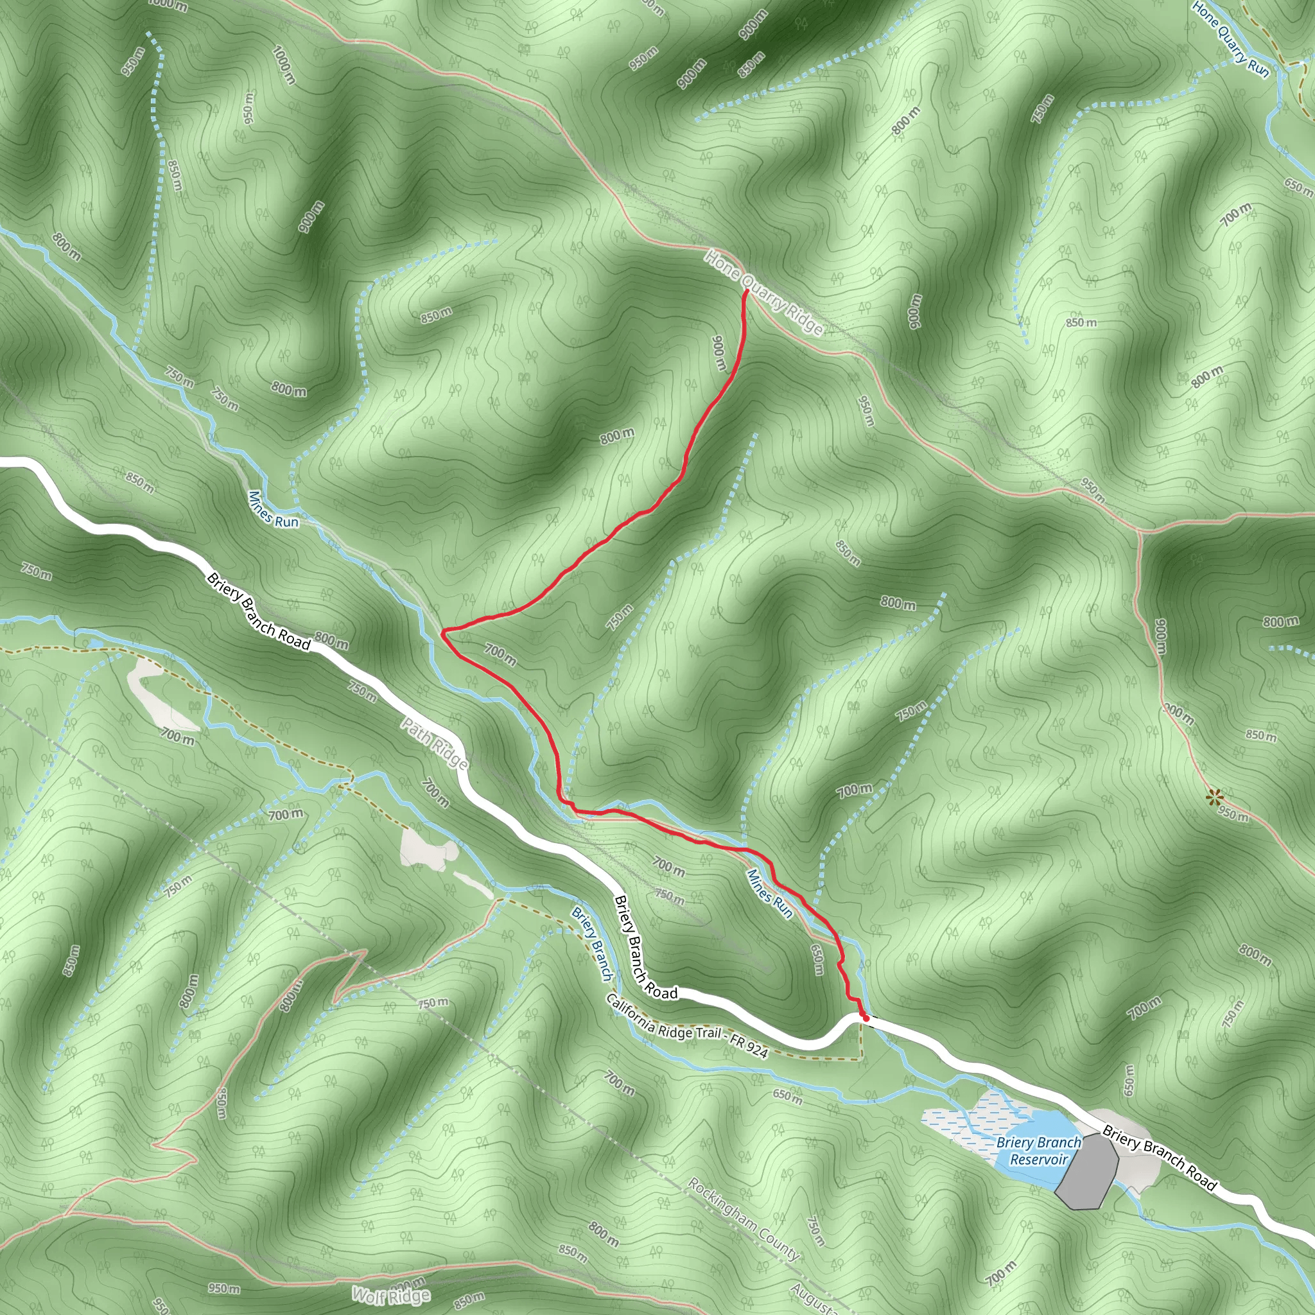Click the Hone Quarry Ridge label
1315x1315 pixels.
click(x=763, y=293)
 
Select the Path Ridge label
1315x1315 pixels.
click(x=433, y=744)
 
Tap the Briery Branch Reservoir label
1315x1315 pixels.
click(x=1038, y=1150)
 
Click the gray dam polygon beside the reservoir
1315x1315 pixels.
click(x=1088, y=1171)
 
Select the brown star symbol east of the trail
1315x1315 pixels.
click(x=1214, y=797)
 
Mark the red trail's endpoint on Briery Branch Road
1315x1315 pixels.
click(x=864, y=1018)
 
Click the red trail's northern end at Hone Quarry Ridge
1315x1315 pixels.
click(x=746, y=292)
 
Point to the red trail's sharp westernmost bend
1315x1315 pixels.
click(x=443, y=633)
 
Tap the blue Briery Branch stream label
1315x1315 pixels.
click(x=591, y=943)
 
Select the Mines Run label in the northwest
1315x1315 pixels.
click(x=273, y=509)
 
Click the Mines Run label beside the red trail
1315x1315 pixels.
click(x=770, y=894)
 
